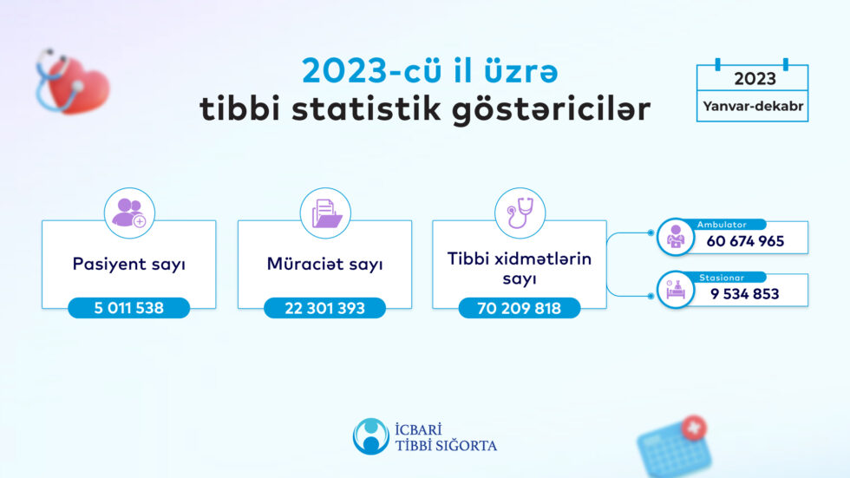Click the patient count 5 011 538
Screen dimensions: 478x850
pos(129,308)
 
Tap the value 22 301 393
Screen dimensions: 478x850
pos(325,308)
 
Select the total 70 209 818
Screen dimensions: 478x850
pos(520,308)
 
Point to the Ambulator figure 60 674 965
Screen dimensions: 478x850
pos(745,241)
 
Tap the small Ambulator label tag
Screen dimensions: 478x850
pos(722,224)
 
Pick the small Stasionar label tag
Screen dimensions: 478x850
pos(721,277)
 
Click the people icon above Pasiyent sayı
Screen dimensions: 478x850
pos(129,213)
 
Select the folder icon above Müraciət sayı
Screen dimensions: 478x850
pos(325,213)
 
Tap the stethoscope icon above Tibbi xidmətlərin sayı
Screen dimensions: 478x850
pos(520,213)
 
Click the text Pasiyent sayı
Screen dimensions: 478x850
pos(129,265)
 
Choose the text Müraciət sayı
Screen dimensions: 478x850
pos(325,265)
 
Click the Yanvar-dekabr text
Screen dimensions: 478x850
pos(753,107)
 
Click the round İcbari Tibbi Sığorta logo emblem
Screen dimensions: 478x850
pos(370,436)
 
